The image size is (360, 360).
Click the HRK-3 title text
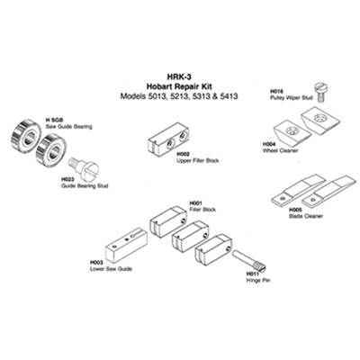click(x=179, y=76)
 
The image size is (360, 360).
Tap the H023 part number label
click(x=67, y=179)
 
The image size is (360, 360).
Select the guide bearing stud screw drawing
click(x=85, y=166)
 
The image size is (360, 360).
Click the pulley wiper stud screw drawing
click(x=320, y=92)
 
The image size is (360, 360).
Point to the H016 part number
click(x=276, y=91)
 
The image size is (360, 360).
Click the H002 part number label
click(x=184, y=154)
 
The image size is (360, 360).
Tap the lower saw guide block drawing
click(x=126, y=244)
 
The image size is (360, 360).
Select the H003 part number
click(x=96, y=262)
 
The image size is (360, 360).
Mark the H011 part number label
click(x=253, y=274)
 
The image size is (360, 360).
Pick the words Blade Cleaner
click(x=306, y=216)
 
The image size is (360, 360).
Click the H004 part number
click(x=269, y=144)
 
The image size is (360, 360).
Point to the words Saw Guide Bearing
click(x=68, y=127)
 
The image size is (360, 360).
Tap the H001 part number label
click(x=196, y=203)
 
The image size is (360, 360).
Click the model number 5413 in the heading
click(x=228, y=96)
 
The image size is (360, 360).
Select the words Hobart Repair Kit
click(x=179, y=86)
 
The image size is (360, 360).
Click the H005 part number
click(x=295, y=210)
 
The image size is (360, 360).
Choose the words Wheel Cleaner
click(x=280, y=150)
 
